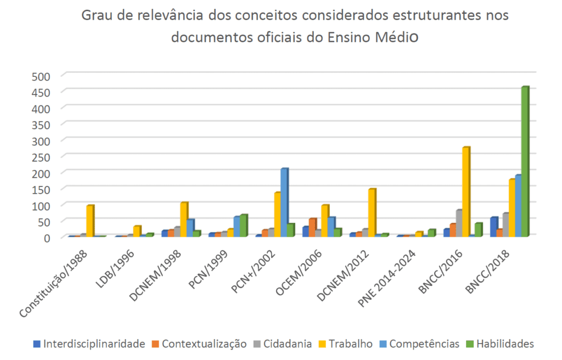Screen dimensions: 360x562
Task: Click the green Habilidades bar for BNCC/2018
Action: click(x=525, y=162)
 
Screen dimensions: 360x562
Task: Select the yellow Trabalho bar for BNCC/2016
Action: click(x=466, y=192)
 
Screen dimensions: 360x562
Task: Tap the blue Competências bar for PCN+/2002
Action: click(x=284, y=202)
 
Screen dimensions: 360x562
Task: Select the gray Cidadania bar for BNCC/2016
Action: click(x=459, y=223)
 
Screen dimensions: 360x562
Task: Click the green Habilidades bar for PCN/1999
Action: click(x=243, y=226)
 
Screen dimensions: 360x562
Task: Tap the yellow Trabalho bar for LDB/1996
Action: click(x=137, y=231)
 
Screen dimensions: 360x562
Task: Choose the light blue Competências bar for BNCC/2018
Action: click(x=518, y=206)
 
